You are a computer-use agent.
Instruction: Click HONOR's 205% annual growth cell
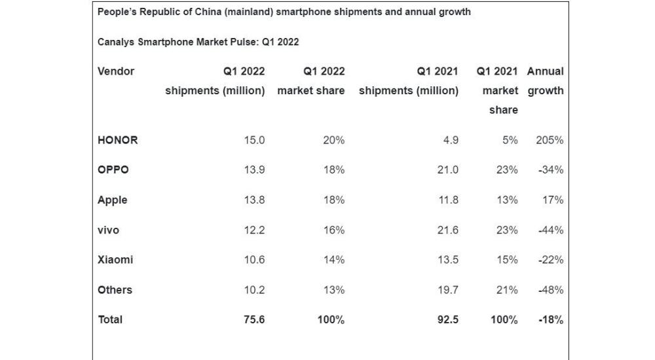tap(549, 140)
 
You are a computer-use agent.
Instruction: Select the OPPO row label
tap(113, 170)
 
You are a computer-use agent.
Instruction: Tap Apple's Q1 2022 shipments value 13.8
tap(254, 200)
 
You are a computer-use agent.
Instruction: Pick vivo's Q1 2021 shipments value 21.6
tap(447, 230)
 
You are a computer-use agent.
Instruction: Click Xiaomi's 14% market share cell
tap(333, 260)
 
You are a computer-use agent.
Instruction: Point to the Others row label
tap(115, 290)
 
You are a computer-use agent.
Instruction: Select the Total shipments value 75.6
tap(254, 320)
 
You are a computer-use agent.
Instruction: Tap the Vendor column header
tap(116, 71)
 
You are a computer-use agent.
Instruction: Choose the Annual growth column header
tap(545, 81)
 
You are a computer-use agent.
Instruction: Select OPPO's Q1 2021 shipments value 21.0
tap(447, 170)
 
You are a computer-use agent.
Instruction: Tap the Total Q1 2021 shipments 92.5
tap(447, 320)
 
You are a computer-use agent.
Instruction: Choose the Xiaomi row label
tap(115, 260)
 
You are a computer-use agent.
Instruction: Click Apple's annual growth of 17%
tap(552, 200)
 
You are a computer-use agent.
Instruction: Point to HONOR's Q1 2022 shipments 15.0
tap(254, 140)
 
